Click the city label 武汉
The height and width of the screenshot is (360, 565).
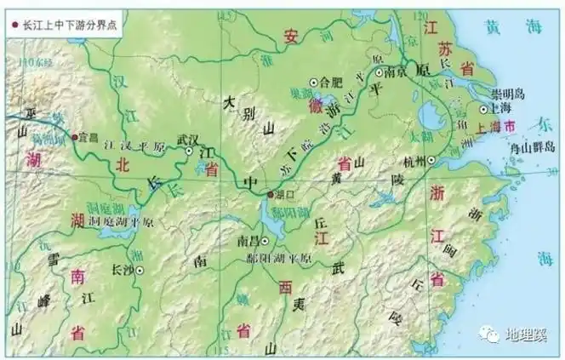186,138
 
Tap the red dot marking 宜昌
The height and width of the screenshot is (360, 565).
75,136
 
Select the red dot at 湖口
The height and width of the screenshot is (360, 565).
271,194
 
